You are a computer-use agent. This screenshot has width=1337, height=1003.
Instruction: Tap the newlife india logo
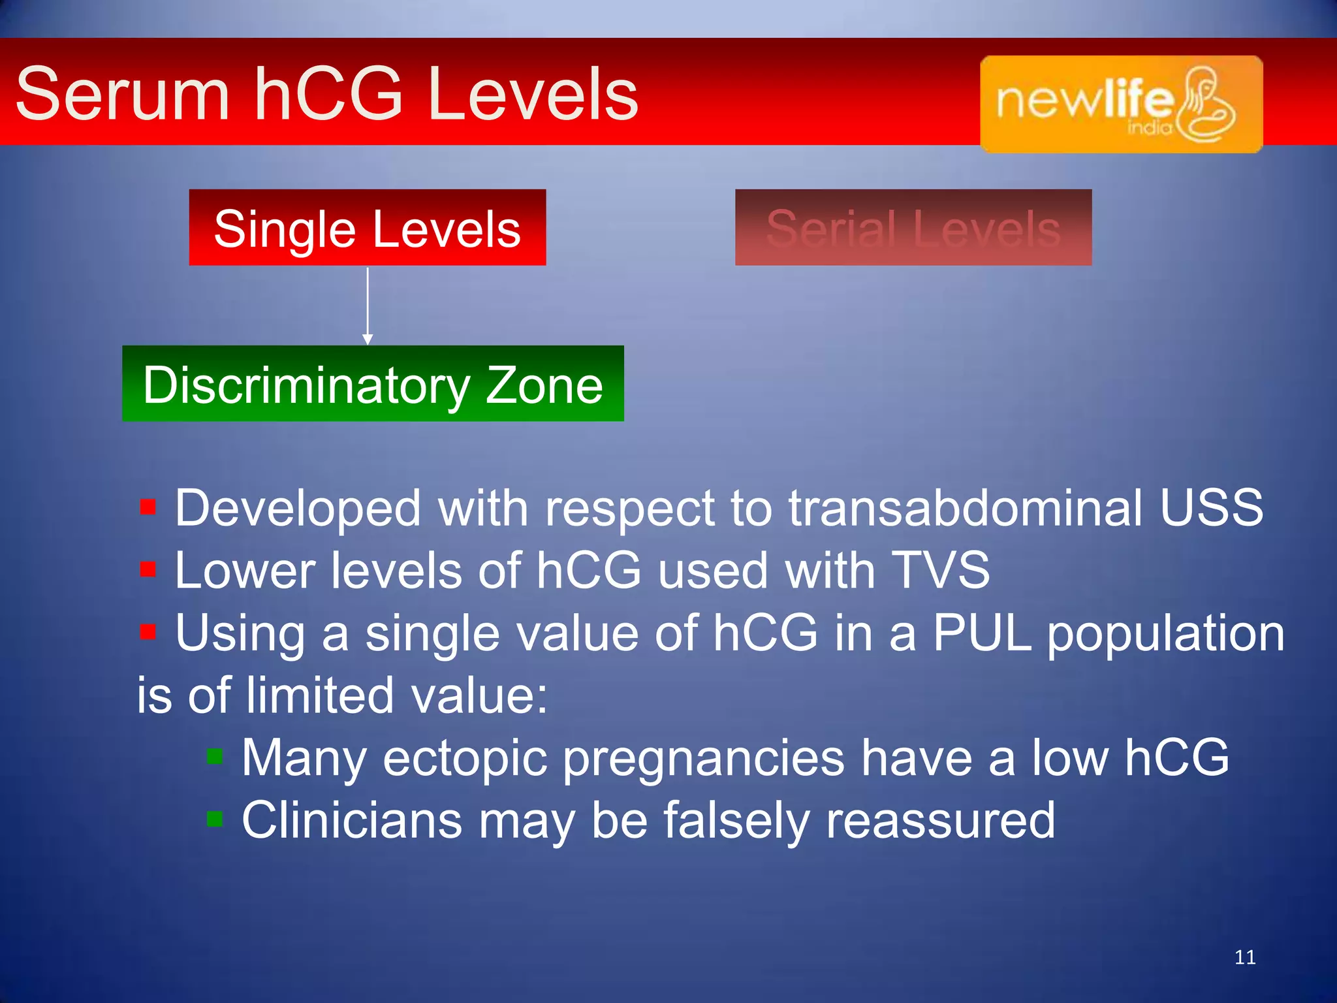(1121, 104)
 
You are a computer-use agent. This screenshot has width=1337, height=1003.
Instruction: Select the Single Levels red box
(367, 228)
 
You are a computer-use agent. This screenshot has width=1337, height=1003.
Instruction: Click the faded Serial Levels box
(913, 228)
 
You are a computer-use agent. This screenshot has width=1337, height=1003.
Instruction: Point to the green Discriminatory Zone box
(373, 384)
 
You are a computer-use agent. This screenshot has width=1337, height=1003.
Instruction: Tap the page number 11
(1245, 957)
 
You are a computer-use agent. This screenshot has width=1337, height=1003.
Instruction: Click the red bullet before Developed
(148, 507)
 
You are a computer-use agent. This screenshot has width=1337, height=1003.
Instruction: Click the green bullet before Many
(215, 756)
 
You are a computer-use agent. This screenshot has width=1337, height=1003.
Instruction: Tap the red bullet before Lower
(148, 569)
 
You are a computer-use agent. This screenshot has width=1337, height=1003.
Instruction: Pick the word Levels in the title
(532, 95)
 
